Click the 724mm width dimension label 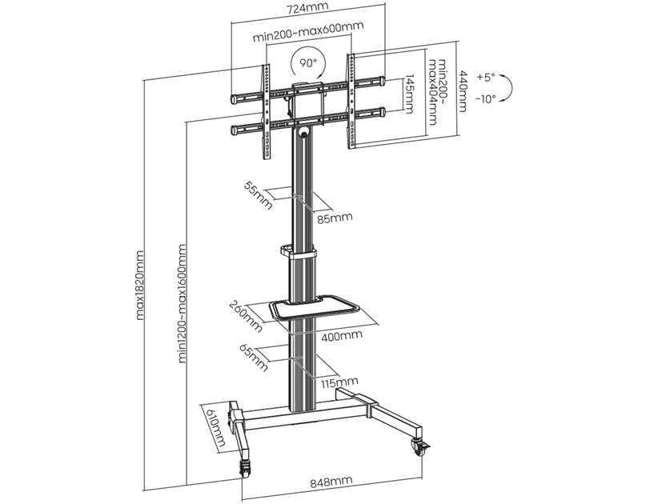pyautogui.click(x=307, y=10)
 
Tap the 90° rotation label pyautogui.click(x=307, y=62)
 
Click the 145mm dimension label pyautogui.click(x=409, y=94)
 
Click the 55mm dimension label pyautogui.click(x=258, y=194)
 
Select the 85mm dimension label pyautogui.click(x=336, y=218)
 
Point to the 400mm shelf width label pyautogui.click(x=341, y=336)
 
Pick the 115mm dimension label pyautogui.click(x=335, y=382)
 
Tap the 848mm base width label pyautogui.click(x=330, y=482)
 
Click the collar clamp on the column pyautogui.click(x=299, y=252)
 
